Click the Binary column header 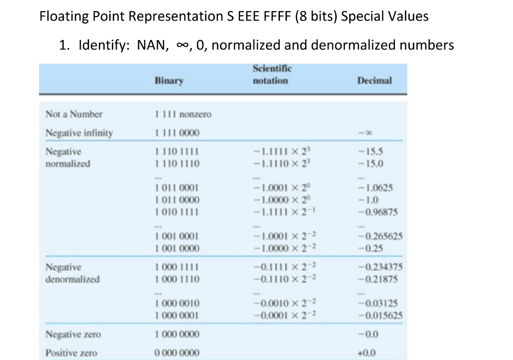pos(169,80)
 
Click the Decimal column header pos(374,80)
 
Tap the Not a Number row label pos(74,114)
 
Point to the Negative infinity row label pos(79,133)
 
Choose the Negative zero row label pos(73,334)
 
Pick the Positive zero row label pos(72,353)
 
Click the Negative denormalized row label pos(72,273)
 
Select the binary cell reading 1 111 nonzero pos(183,114)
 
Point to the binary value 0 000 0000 pos(177,353)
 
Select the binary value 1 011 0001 pos(177,188)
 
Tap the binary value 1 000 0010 pos(177,303)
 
